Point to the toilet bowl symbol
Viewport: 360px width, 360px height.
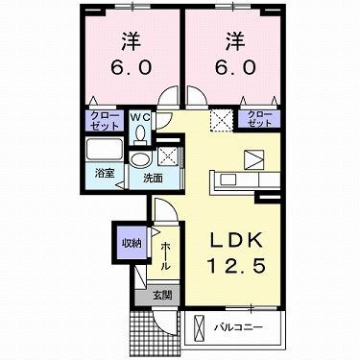coord(141,134)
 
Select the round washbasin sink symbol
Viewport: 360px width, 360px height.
coord(140,159)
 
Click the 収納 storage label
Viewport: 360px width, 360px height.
coord(129,243)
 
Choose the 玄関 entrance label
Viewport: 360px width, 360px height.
coord(162,295)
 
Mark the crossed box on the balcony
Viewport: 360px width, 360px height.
coord(199,327)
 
